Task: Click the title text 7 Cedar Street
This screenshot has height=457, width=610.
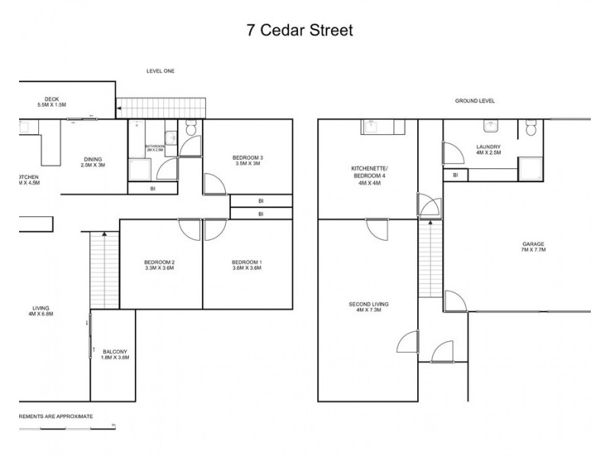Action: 300,30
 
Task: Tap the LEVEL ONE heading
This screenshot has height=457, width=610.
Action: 161,71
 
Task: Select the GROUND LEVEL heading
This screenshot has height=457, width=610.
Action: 475,101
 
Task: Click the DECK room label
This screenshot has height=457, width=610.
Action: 52,101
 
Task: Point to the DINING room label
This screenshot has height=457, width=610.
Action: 93,162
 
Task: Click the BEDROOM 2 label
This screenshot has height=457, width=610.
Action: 160,264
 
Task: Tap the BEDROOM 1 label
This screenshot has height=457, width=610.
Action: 247,264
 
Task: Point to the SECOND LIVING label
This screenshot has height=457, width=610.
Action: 369,307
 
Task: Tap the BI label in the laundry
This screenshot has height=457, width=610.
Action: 455,175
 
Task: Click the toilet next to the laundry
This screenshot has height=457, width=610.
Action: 530,130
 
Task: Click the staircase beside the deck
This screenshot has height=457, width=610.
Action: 162,107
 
